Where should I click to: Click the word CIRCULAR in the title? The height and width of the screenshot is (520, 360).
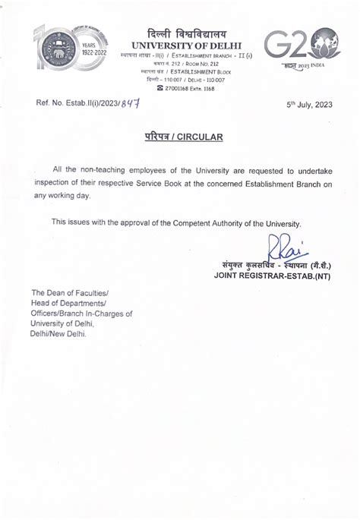(x=199, y=137)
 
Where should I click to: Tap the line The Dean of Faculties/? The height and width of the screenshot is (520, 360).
(x=70, y=293)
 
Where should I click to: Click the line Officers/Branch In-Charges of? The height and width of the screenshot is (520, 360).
(x=81, y=313)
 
